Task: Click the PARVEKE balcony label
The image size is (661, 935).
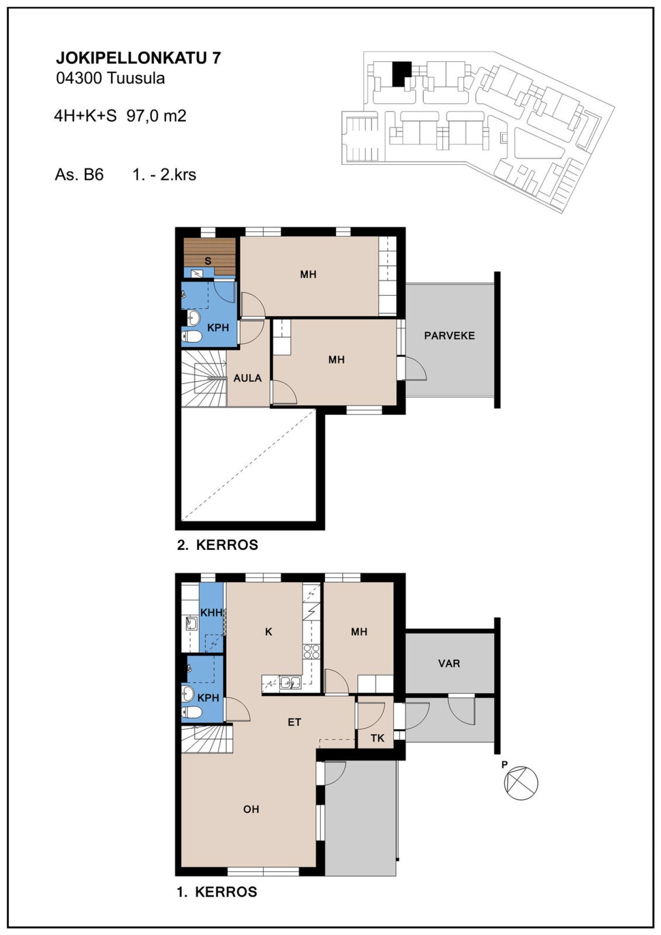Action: [449, 336]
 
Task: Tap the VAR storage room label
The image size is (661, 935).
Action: [448, 663]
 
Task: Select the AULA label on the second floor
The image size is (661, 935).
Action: [247, 378]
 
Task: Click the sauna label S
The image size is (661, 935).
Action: [208, 261]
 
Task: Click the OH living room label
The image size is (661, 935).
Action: [251, 809]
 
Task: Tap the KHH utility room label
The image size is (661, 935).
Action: [211, 612]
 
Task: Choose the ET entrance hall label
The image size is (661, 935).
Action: [294, 722]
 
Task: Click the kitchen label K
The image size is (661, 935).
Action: [269, 632]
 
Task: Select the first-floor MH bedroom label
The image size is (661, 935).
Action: [359, 632]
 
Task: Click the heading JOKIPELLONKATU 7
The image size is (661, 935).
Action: [138, 57]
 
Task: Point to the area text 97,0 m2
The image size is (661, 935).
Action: [157, 116]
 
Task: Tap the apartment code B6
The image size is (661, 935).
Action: [93, 174]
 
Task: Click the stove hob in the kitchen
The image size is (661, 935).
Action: [312, 652]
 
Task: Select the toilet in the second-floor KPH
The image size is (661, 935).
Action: [191, 336]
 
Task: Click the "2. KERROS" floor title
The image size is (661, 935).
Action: [218, 545]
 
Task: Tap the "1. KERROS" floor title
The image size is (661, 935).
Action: [217, 892]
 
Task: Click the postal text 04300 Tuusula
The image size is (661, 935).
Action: [110, 78]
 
